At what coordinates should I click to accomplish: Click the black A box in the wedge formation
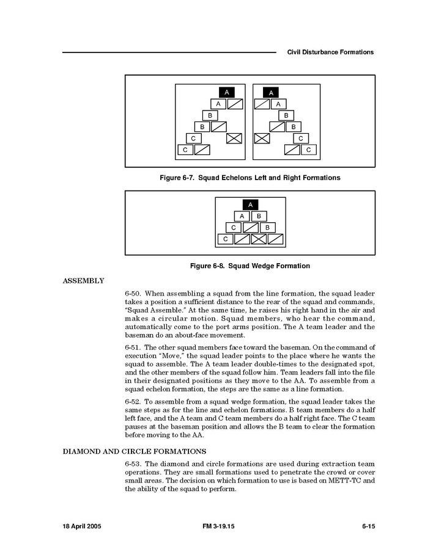click(x=250, y=205)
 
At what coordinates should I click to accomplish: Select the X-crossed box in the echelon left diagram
click(x=234, y=138)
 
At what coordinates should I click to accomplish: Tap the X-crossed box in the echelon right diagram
click(x=262, y=138)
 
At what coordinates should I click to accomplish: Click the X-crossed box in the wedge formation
click(x=259, y=239)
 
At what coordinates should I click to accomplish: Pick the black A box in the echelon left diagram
click(x=227, y=92)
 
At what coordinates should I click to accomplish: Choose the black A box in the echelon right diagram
click(x=270, y=92)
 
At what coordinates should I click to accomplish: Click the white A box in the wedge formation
click(x=242, y=216)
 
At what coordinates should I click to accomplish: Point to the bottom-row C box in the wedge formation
click(x=226, y=239)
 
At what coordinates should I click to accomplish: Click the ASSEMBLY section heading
click(x=84, y=281)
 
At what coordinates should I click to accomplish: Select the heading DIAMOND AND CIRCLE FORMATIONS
click(x=134, y=451)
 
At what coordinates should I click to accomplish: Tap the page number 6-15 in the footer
click(x=368, y=526)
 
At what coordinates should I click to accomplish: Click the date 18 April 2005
click(x=84, y=526)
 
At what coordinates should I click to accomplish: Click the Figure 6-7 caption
click(x=249, y=178)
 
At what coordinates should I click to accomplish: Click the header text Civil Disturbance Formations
click(x=330, y=53)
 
